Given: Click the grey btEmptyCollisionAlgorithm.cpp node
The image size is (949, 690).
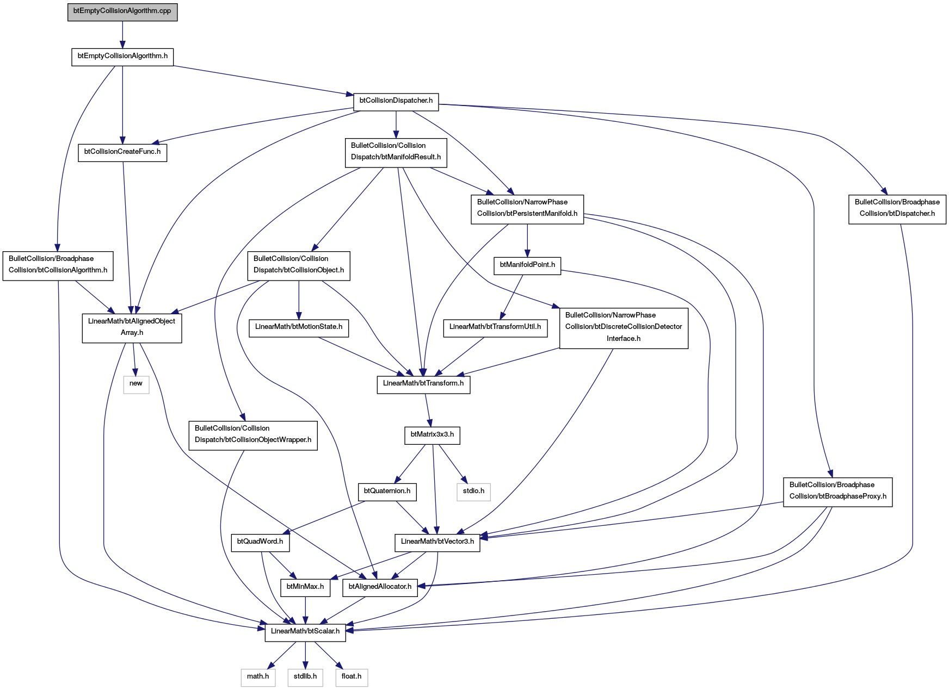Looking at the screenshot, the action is [x=122, y=11].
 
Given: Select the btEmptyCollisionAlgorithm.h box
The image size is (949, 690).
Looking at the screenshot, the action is [x=122, y=57].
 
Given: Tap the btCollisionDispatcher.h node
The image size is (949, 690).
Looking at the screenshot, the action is [x=396, y=101].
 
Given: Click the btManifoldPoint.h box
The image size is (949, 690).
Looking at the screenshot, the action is [x=527, y=265].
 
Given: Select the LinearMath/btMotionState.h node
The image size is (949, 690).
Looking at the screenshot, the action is [x=299, y=327].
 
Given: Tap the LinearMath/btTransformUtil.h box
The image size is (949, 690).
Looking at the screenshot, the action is [x=495, y=327].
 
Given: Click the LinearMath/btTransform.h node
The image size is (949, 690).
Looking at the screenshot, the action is [x=423, y=384].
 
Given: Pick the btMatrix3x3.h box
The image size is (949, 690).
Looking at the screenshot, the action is [x=432, y=436].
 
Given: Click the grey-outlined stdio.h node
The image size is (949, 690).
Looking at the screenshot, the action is [x=473, y=492].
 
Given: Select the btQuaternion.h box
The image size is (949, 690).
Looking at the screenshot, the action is [x=387, y=492].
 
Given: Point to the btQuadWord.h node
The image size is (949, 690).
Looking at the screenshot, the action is [x=260, y=542].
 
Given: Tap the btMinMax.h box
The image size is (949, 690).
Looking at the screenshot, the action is [x=305, y=587].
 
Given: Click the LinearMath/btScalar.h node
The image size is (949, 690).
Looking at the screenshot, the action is [x=305, y=632].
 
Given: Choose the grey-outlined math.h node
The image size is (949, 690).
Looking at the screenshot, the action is [x=258, y=677].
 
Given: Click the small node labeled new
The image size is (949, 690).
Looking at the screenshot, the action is [x=136, y=384].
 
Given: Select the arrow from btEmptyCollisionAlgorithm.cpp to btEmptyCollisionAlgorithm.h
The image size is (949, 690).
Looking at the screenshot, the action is [x=122, y=35].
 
